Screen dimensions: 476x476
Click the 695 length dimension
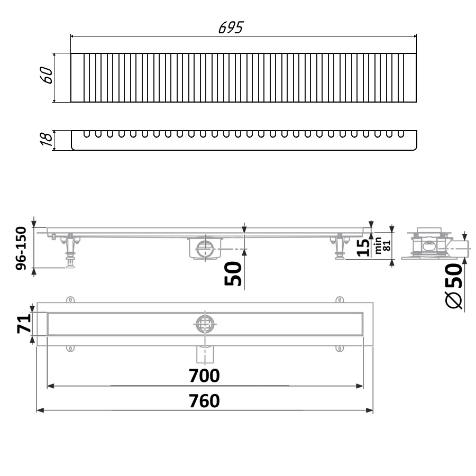231,28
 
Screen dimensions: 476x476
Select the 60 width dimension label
46,75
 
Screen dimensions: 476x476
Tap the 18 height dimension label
46,139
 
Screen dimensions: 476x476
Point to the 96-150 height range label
21,248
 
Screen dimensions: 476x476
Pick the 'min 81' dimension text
382,245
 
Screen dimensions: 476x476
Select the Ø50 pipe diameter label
454,286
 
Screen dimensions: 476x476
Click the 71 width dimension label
24,324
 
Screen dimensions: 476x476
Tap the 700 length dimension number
204,376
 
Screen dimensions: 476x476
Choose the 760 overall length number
204,401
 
